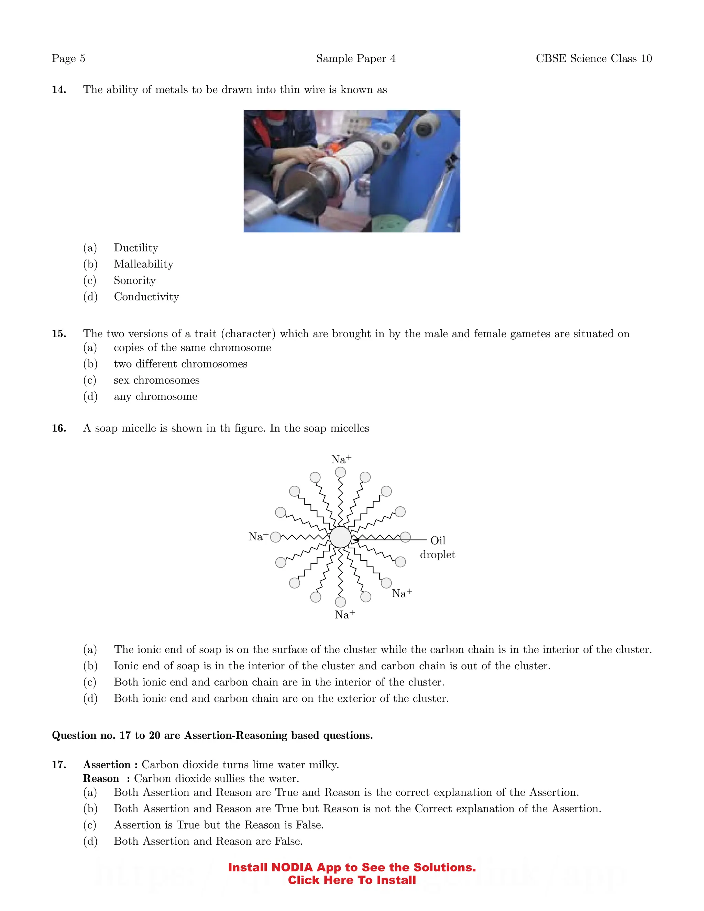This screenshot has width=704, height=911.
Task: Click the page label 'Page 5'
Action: coord(68,58)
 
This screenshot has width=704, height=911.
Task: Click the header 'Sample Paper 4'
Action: coord(356,58)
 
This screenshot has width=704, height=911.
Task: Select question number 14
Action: coord(59,90)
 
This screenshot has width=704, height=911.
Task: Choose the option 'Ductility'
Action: coord(136,248)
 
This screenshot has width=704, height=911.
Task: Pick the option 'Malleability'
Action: coord(143,264)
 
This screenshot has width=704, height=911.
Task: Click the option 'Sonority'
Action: coord(135,280)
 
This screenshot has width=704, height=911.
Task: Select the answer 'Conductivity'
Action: coord(146,297)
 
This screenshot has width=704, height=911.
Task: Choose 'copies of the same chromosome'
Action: coord(192,348)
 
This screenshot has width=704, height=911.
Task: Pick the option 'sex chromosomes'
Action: coord(156,380)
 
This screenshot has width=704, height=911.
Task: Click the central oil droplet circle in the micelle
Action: coord(340,537)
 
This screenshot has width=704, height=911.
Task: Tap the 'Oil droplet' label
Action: coord(438,547)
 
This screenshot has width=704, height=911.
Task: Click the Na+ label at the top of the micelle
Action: coord(341,459)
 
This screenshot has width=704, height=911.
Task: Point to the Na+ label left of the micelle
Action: coord(258,536)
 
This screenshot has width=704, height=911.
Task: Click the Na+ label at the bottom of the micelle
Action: coord(344,614)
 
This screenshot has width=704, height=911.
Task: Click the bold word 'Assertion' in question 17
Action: coord(107,765)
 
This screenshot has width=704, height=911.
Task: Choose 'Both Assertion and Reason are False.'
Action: coord(208,841)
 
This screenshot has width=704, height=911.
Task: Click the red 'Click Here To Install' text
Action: coord(352,880)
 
